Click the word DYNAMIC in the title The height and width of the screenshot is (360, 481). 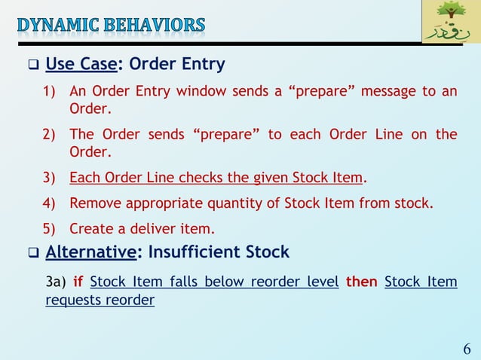coord(57,26)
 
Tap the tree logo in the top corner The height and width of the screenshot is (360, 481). coord(450,22)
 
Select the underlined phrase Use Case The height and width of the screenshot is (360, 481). coord(81,64)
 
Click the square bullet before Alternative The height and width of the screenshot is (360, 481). coord(32,252)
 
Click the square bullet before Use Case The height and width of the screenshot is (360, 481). coord(32,65)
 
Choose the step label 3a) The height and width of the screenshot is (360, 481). coord(55,282)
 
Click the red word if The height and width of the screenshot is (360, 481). coord(78,282)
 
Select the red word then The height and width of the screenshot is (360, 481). coord(361,282)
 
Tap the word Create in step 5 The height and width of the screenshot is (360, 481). coord(89,227)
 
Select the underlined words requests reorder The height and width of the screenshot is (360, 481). coord(100,301)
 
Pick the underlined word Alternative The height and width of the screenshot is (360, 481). coord(90,251)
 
